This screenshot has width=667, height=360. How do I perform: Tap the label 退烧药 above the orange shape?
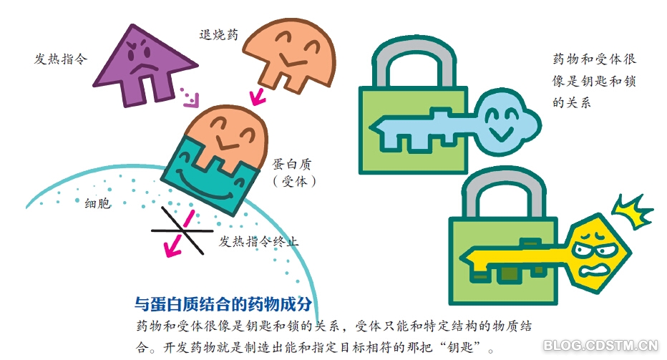[218, 34]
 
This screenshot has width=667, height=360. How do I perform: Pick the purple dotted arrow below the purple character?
[189, 97]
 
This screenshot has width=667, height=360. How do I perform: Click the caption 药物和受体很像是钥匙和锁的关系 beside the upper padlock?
[594, 81]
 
